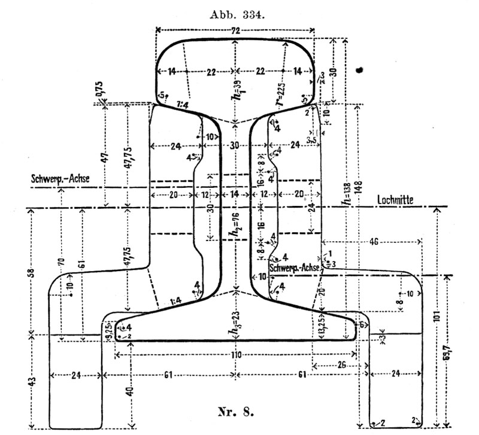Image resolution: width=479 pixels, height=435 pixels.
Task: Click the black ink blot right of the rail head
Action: point(360,70)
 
